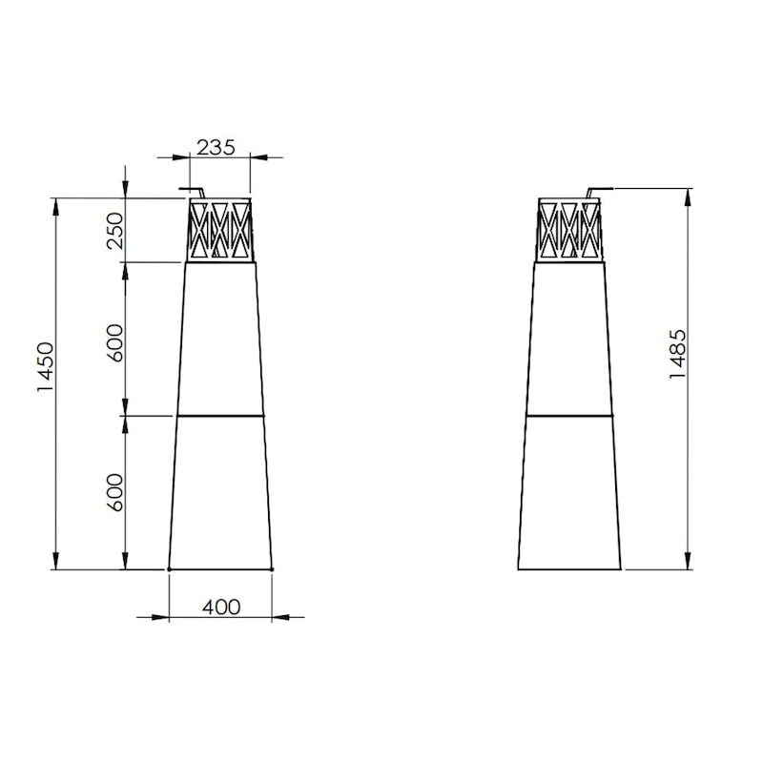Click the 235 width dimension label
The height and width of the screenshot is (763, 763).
[216, 148]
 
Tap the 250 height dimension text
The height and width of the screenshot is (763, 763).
[115, 231]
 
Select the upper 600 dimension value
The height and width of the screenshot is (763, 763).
[115, 343]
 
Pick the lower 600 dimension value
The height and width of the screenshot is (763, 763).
[115, 492]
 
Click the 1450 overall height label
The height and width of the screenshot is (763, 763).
[45, 367]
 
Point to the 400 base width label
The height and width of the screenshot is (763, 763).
[221, 608]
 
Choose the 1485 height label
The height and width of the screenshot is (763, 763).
[677, 354]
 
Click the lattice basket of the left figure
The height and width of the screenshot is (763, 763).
[220, 230]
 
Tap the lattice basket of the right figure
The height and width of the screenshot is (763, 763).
[569, 230]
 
